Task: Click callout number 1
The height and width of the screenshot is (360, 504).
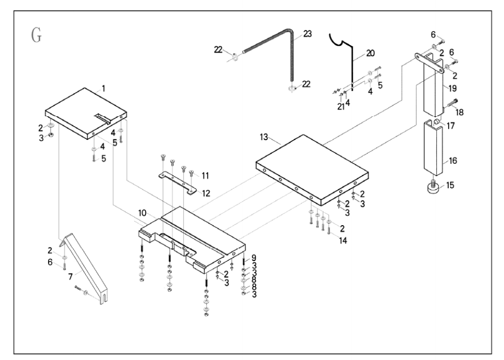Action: tap(103, 89)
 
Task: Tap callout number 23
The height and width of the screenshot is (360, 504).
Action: tap(308, 34)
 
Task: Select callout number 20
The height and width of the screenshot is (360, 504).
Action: tap(370, 53)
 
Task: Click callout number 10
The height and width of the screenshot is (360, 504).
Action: tap(143, 213)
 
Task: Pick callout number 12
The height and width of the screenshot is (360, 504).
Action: tap(206, 193)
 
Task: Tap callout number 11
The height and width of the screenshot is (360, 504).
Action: tap(206, 176)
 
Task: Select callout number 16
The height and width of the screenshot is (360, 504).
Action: tap(453, 161)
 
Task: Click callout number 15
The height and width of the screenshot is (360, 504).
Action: tap(450, 185)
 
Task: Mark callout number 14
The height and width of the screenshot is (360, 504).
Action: tap(343, 241)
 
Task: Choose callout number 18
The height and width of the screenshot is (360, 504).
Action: tap(460, 112)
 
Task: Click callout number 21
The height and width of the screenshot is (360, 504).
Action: tap(340, 106)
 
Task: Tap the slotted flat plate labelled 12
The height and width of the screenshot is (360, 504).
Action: tap(178, 182)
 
